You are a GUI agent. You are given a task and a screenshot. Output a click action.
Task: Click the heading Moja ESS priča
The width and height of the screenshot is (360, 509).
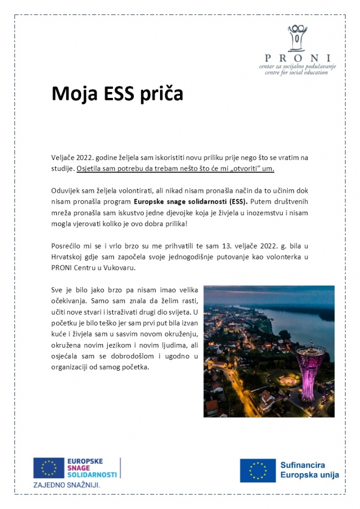(117, 93)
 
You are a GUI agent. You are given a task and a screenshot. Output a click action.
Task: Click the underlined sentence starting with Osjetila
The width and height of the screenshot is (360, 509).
(176, 169)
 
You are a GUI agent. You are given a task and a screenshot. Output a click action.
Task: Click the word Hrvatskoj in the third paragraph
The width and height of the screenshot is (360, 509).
(67, 256)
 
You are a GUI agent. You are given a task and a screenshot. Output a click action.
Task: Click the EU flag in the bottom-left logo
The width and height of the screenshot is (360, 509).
(49, 468)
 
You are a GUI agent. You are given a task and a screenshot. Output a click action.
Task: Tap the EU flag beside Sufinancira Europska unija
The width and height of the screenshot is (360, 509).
(258, 470)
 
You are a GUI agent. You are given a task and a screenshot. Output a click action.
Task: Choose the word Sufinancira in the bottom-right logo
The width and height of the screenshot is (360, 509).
(302, 465)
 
